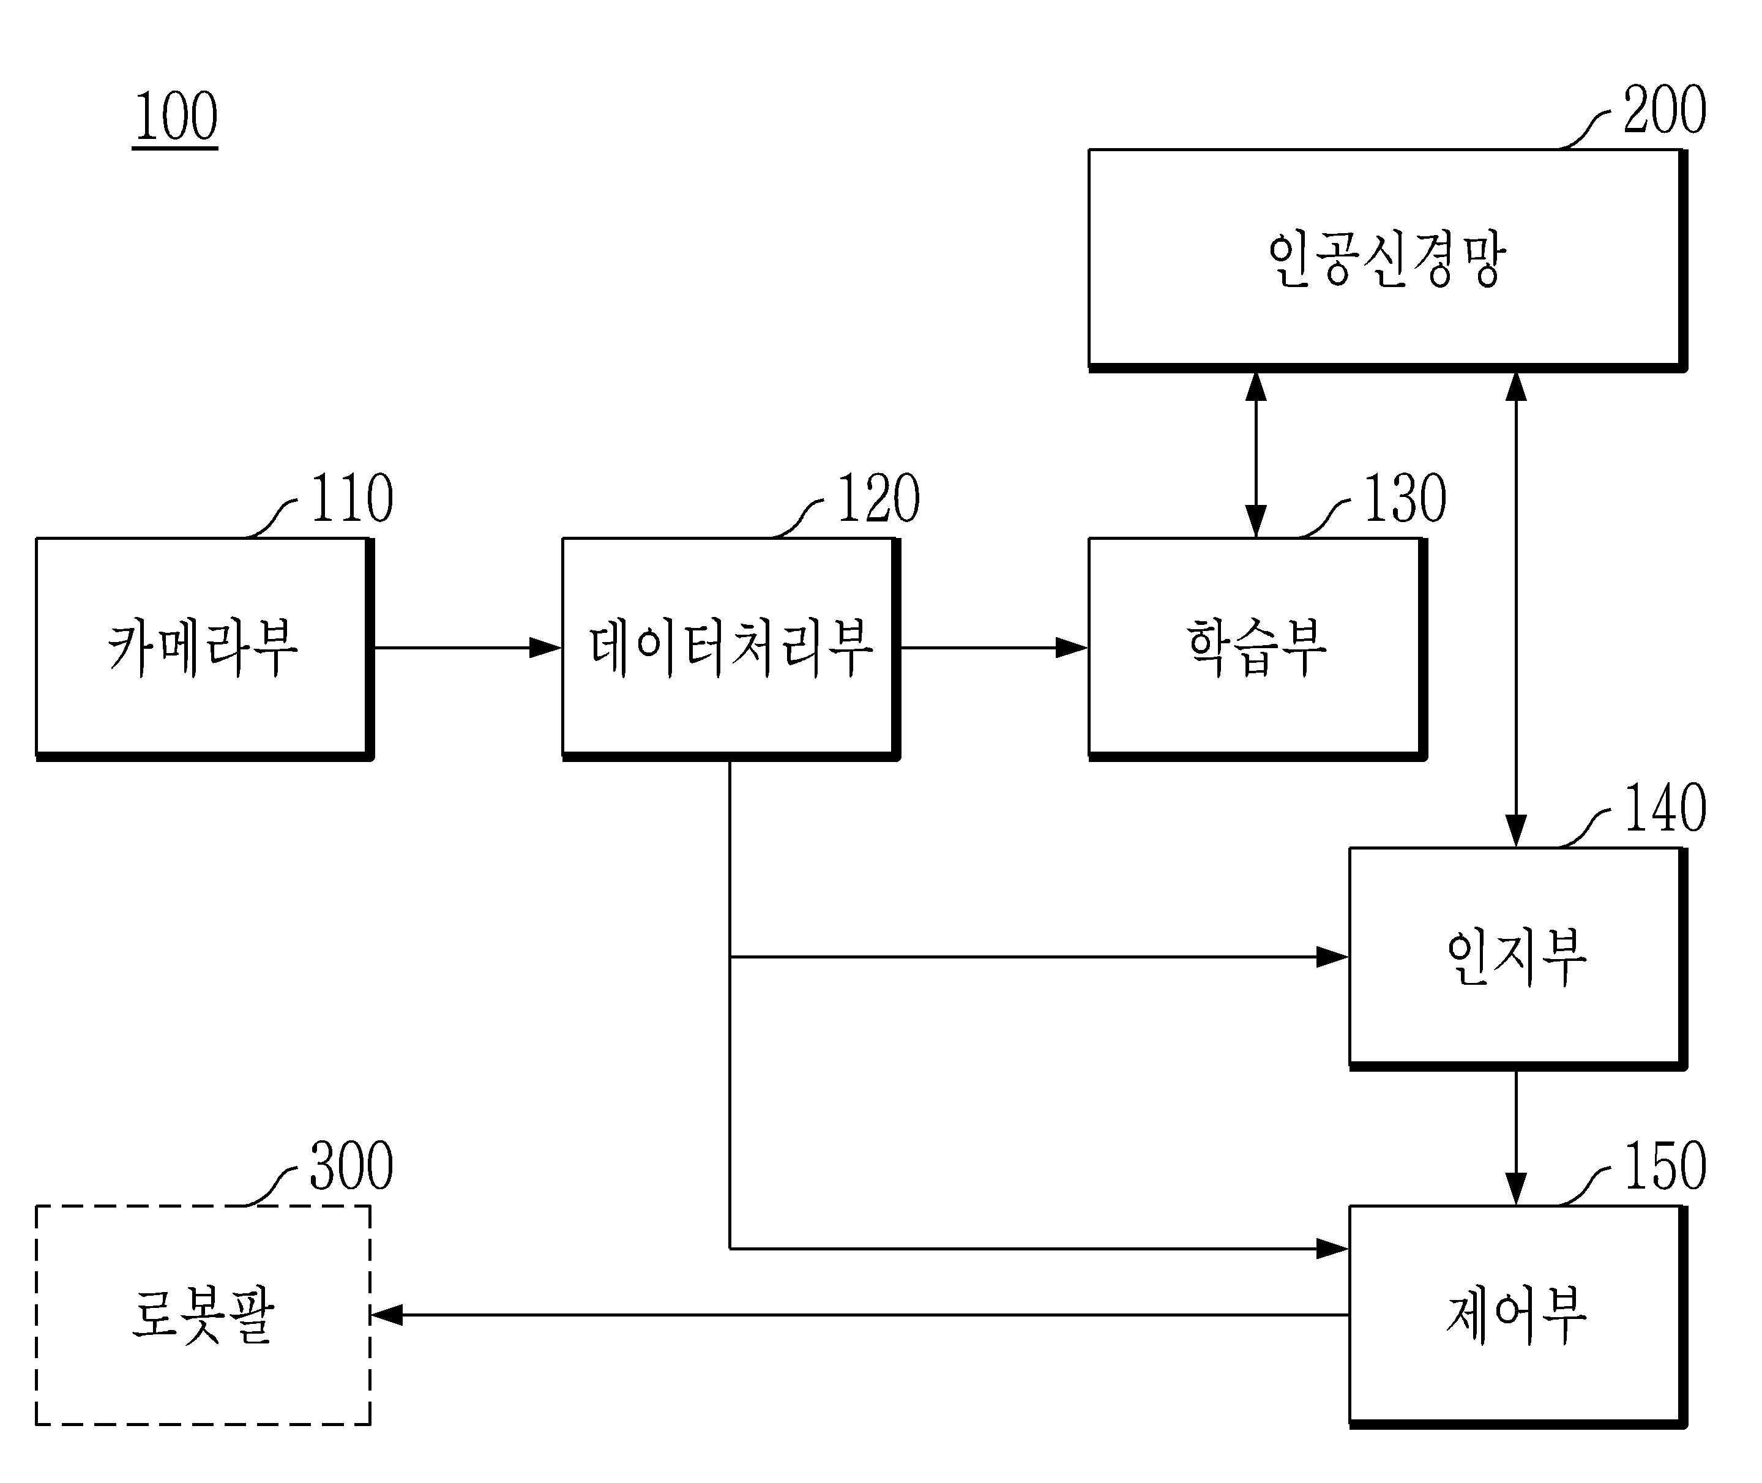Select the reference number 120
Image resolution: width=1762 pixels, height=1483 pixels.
(x=878, y=499)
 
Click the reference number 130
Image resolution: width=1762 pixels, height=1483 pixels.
(x=1405, y=499)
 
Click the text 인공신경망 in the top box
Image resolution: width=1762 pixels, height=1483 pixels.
(x=1386, y=260)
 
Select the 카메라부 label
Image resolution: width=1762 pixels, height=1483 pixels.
(x=203, y=648)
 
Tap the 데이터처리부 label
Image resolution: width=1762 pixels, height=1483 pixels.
(x=731, y=648)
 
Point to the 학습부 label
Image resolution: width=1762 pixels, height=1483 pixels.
(x=1256, y=648)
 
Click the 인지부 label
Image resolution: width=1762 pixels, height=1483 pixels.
(x=1517, y=958)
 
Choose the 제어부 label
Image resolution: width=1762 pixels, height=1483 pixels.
(x=1517, y=1316)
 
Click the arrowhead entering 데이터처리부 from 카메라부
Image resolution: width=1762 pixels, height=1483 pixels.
(x=545, y=648)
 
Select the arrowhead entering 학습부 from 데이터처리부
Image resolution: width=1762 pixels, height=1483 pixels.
(x=1072, y=648)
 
